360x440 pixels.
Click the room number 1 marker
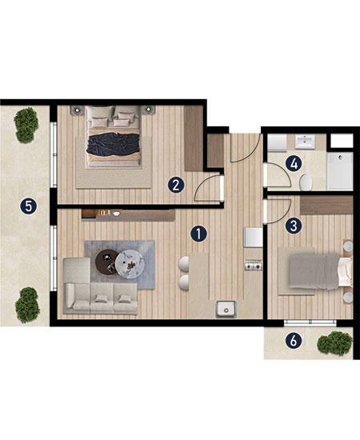pyautogui.click(x=198, y=234)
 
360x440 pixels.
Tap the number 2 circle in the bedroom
pyautogui.click(x=176, y=186)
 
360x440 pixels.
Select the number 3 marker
pyautogui.click(x=294, y=226)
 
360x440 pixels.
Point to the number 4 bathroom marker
pyautogui.click(x=294, y=163)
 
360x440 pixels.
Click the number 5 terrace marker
pyautogui.click(x=28, y=206)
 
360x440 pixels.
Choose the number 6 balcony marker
pyautogui.click(x=294, y=341)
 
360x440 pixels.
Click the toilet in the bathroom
pyautogui.click(x=306, y=182)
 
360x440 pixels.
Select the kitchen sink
pyautogui.click(x=226, y=309)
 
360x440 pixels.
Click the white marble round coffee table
pyautogui.click(x=130, y=264)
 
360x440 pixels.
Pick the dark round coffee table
pyautogui.click(x=106, y=261)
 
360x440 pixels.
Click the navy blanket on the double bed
pyautogui.click(x=114, y=144)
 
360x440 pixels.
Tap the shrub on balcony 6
pyautogui.click(x=334, y=343)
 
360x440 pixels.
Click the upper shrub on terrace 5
pyautogui.click(x=26, y=125)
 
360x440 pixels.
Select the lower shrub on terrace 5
pyautogui.click(x=27, y=305)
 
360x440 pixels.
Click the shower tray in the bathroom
pyautogui.click(x=340, y=171)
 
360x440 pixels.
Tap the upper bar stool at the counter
pyautogui.click(x=184, y=264)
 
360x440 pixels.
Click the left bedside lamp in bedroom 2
pyautogui.click(x=77, y=110)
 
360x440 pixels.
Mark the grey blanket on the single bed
pyautogui.click(x=314, y=271)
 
